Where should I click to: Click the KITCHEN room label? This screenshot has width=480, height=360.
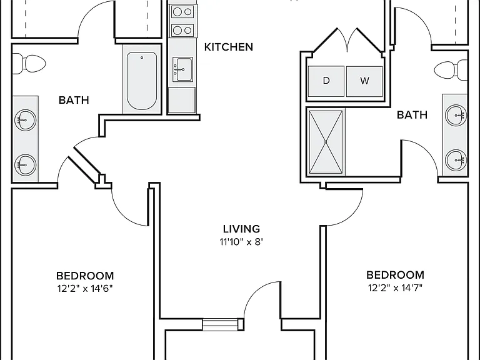[229, 47]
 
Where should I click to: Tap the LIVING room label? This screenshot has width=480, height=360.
[241, 229]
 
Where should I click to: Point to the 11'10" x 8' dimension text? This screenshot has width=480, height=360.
[241, 242]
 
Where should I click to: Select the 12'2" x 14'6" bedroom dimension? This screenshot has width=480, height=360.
[85, 288]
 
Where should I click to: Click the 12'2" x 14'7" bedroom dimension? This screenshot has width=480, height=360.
[395, 287]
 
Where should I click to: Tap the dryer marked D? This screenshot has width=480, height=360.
[326, 81]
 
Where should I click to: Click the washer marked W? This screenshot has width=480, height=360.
[364, 81]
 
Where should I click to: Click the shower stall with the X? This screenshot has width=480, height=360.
[326, 142]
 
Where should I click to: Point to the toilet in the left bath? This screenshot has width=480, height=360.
[29, 64]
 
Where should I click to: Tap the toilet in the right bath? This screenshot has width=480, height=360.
[451, 71]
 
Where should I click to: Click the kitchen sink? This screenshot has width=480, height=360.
[182, 69]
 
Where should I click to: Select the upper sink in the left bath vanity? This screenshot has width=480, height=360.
[26, 120]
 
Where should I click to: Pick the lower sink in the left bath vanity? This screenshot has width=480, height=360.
[26, 165]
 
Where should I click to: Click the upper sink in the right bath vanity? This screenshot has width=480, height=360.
[456, 116]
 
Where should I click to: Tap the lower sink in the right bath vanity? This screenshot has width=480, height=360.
[456, 160]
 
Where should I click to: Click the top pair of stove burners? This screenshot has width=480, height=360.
[182, 12]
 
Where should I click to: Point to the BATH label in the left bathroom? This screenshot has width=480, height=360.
[74, 100]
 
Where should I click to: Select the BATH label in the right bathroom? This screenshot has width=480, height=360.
[412, 115]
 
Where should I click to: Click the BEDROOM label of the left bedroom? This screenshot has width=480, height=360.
[85, 276]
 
